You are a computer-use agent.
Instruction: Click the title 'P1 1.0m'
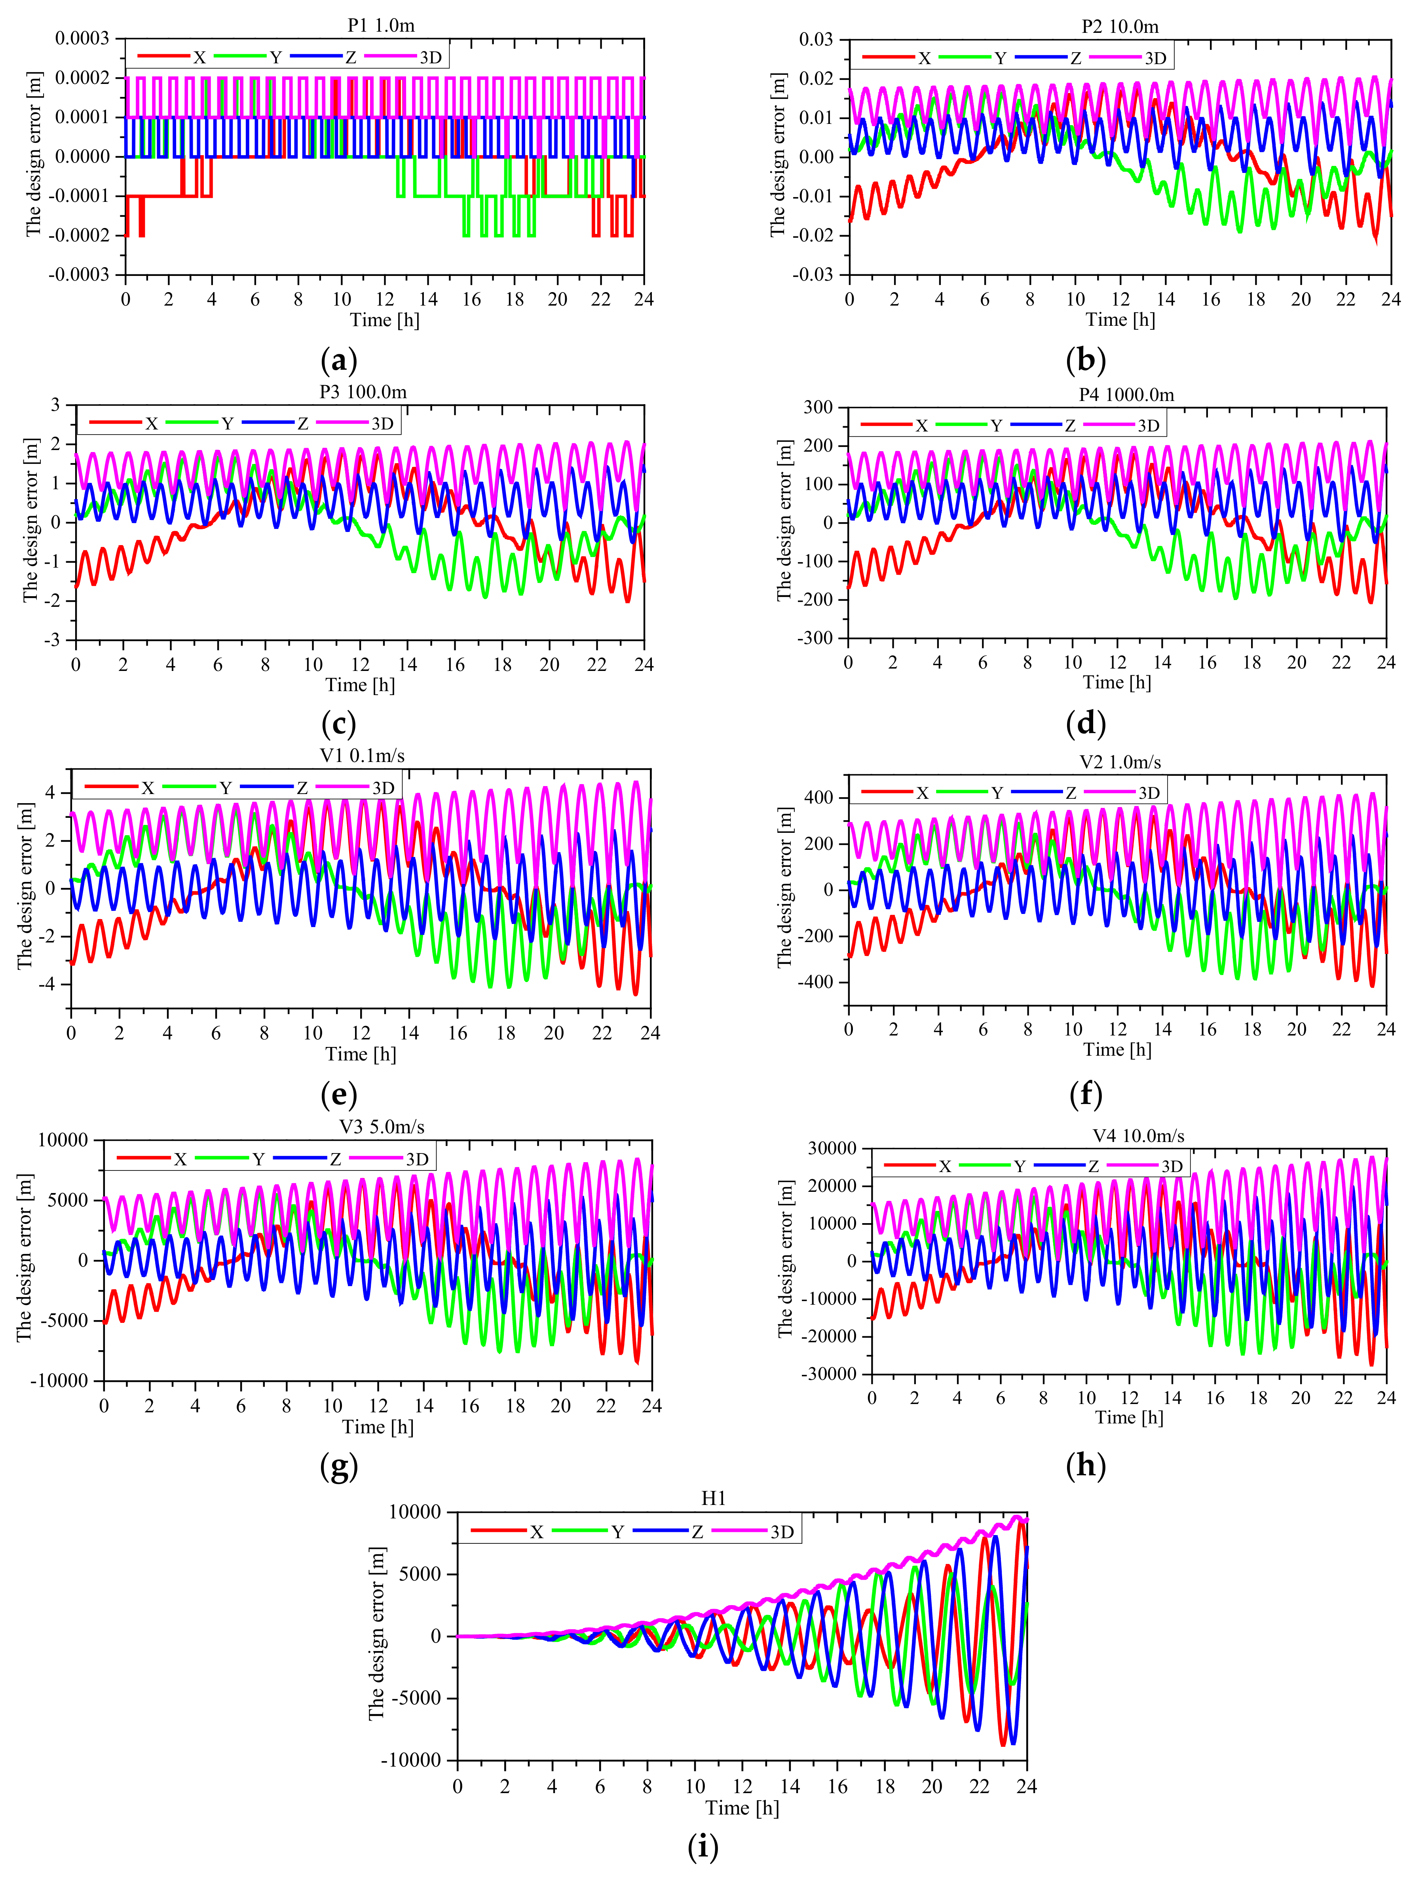click(381, 25)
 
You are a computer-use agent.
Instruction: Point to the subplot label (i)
click(703, 1847)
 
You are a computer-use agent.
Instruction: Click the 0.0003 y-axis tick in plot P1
click(82, 38)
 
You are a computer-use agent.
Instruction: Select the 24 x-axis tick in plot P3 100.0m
click(644, 664)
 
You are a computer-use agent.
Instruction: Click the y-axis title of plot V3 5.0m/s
click(25, 1258)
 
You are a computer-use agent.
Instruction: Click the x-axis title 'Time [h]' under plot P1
click(384, 320)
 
